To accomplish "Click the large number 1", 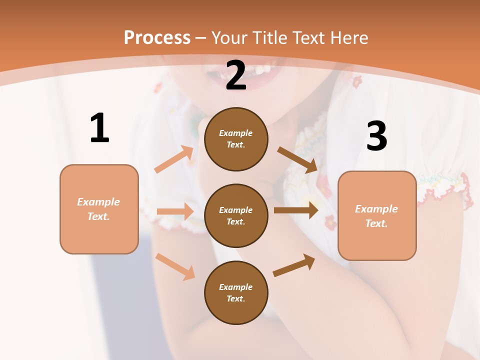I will coord(99,128).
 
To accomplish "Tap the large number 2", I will coord(236,76).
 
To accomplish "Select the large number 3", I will coord(376,136).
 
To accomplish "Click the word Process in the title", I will coord(157,37).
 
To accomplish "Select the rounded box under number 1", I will coord(99,209).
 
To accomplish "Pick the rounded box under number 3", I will coord(377,216).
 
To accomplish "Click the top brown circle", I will coord(236,139).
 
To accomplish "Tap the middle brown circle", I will coord(236,215).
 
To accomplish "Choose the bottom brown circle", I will coord(236,292).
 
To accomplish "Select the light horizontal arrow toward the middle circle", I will coord(175,211).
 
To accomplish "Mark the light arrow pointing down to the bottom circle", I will coord(175,266).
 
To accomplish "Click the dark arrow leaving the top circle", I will coord(297,159).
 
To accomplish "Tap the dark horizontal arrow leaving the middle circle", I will coord(296,210).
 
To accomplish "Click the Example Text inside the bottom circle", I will coord(236,292).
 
